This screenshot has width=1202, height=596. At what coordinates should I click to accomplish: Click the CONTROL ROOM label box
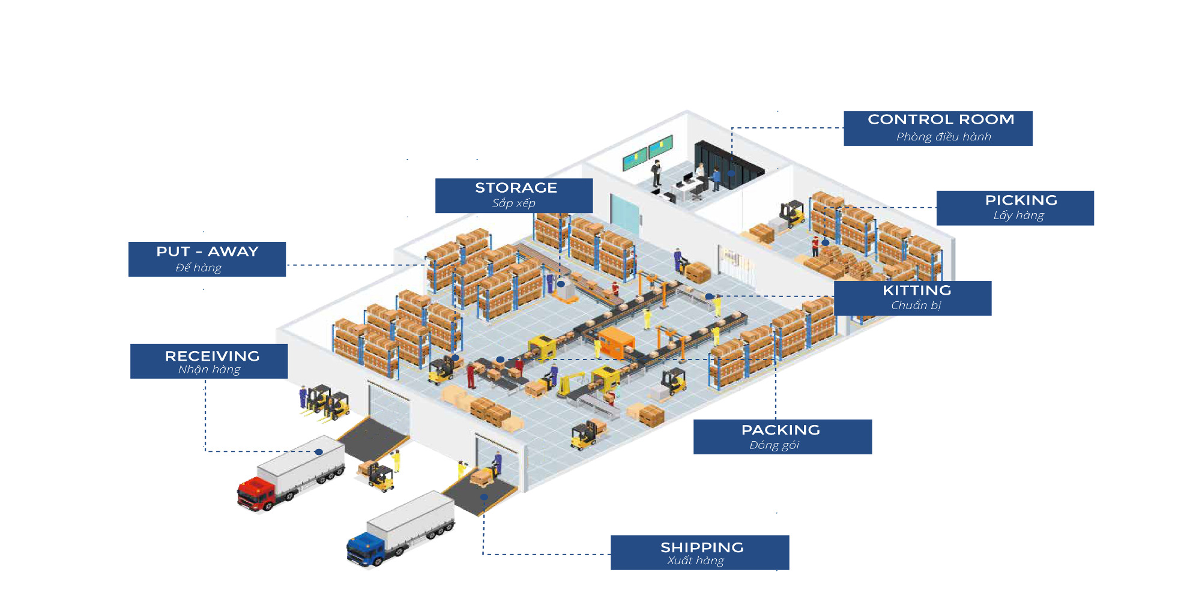click(938, 128)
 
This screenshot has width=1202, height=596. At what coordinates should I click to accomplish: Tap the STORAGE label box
click(514, 195)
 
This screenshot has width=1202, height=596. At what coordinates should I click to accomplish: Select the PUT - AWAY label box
click(207, 259)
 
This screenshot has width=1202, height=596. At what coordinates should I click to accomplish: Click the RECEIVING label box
click(209, 361)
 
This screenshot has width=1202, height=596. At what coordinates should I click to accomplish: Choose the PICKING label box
click(1015, 208)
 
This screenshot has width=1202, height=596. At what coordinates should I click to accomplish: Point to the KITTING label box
click(913, 298)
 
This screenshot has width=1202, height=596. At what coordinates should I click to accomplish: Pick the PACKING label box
click(782, 436)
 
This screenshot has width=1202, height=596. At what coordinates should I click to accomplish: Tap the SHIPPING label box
click(699, 552)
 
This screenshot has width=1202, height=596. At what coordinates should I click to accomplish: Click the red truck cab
click(255, 493)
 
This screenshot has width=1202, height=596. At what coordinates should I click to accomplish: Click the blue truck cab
click(364, 549)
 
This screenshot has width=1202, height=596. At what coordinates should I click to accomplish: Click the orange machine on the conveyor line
click(615, 342)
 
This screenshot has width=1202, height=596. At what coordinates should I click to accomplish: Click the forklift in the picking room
click(791, 214)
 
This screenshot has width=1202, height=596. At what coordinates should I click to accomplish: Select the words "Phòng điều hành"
click(944, 137)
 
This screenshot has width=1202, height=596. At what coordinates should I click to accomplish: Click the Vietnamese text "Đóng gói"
click(775, 445)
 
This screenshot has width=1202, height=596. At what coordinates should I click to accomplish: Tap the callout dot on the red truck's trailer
click(319, 452)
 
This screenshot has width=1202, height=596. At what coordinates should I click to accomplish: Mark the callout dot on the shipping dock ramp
click(484, 497)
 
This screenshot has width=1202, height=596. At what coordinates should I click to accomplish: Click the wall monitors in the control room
click(647, 153)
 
